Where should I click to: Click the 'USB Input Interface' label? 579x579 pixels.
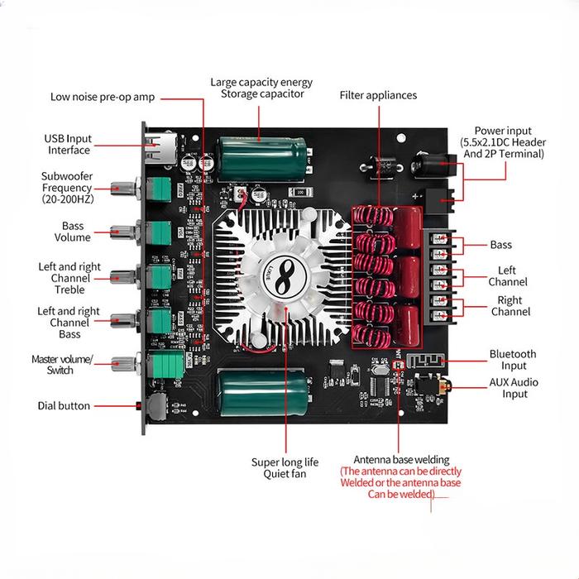[69, 144]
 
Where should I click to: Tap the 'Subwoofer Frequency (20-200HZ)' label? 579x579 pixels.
[67, 188]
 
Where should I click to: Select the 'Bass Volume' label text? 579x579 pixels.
[73, 232]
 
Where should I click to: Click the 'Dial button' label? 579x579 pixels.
[64, 405]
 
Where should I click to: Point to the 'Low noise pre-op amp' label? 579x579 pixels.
[103, 97]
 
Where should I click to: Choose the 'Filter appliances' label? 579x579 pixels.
[378, 95]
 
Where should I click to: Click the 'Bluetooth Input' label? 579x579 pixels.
[513, 359]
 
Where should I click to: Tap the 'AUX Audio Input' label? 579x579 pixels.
[514, 389]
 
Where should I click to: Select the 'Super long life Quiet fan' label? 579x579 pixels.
[285, 467]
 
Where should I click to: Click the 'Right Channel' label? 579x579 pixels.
[510, 306]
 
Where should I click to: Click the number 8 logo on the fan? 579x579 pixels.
[285, 272]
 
